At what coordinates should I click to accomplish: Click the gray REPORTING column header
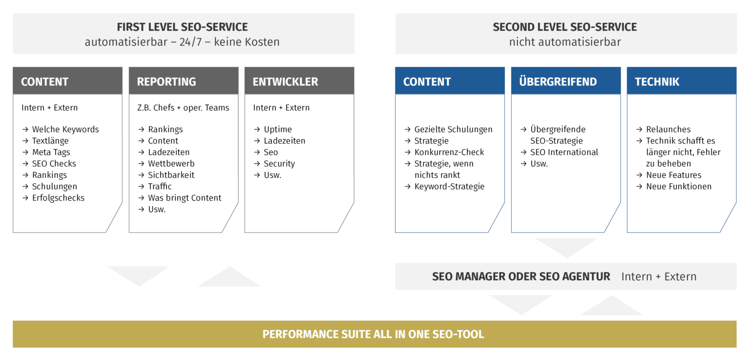(184, 81)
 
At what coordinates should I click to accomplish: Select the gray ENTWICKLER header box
(299, 81)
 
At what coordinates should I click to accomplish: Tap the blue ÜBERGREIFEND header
(566, 81)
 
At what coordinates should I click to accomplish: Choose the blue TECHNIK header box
(682, 81)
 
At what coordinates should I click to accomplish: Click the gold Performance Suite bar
(374, 334)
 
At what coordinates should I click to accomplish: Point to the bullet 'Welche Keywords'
(65, 129)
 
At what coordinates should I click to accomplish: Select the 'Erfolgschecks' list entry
(58, 198)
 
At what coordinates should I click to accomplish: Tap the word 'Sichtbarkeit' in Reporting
(171, 175)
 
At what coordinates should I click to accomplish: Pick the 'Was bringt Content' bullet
(185, 198)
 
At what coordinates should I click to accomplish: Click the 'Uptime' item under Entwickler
(278, 129)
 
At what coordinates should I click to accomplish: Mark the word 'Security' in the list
(279, 164)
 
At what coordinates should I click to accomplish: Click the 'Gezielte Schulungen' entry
(453, 129)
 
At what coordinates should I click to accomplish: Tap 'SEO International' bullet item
(564, 152)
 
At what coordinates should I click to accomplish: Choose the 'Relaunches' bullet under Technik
(668, 129)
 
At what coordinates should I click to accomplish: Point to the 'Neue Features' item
(673, 175)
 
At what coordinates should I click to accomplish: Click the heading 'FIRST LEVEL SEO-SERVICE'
(182, 27)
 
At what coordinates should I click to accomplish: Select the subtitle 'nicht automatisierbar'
(565, 42)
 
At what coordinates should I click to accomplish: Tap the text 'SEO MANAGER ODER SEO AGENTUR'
(521, 276)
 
